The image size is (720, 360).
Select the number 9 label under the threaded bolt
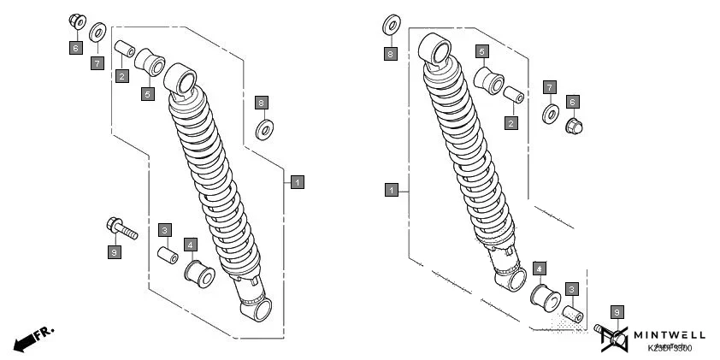point(114,251)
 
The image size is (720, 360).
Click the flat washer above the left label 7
point(97,33)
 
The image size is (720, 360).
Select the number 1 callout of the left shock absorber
point(296,181)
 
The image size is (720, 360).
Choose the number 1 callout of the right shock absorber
point(391,189)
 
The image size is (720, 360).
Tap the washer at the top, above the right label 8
point(392,26)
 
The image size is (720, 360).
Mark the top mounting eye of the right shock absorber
point(437,52)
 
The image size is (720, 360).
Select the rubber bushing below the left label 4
point(198,274)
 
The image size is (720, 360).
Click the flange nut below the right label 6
point(574,127)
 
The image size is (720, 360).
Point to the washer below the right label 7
point(552,113)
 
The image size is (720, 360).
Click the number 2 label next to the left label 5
point(122,77)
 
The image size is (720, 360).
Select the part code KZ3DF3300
point(670,348)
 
